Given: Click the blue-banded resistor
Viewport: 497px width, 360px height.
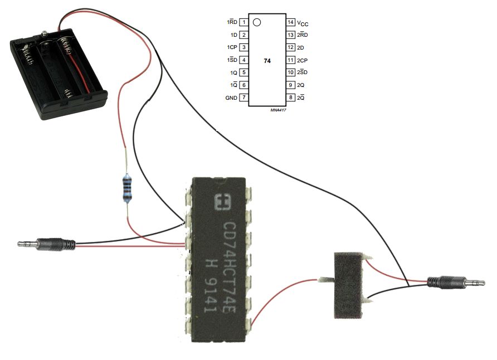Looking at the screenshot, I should coord(128,188).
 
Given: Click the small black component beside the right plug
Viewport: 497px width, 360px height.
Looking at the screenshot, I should coord(348,285).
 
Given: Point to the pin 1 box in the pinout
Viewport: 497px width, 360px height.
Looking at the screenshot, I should coord(244,22).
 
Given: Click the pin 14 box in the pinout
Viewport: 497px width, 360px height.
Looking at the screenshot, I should coord(290,22).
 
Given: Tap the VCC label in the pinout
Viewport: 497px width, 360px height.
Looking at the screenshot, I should coord(303,23).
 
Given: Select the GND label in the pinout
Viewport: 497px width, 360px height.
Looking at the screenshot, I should coord(231,98).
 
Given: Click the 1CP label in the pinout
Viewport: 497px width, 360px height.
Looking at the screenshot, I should coord(232,47).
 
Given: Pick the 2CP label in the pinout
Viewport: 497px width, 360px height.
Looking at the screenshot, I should coord(303,60).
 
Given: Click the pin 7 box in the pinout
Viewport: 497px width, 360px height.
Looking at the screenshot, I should coord(244,98).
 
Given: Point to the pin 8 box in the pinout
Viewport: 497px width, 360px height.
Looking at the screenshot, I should coord(290,98).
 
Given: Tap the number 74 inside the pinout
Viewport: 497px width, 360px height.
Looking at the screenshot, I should coord(267,60).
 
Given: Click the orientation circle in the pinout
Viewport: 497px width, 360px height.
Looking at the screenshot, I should coord(256,23).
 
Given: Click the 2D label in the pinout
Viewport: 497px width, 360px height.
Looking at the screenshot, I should coord(300,47).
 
